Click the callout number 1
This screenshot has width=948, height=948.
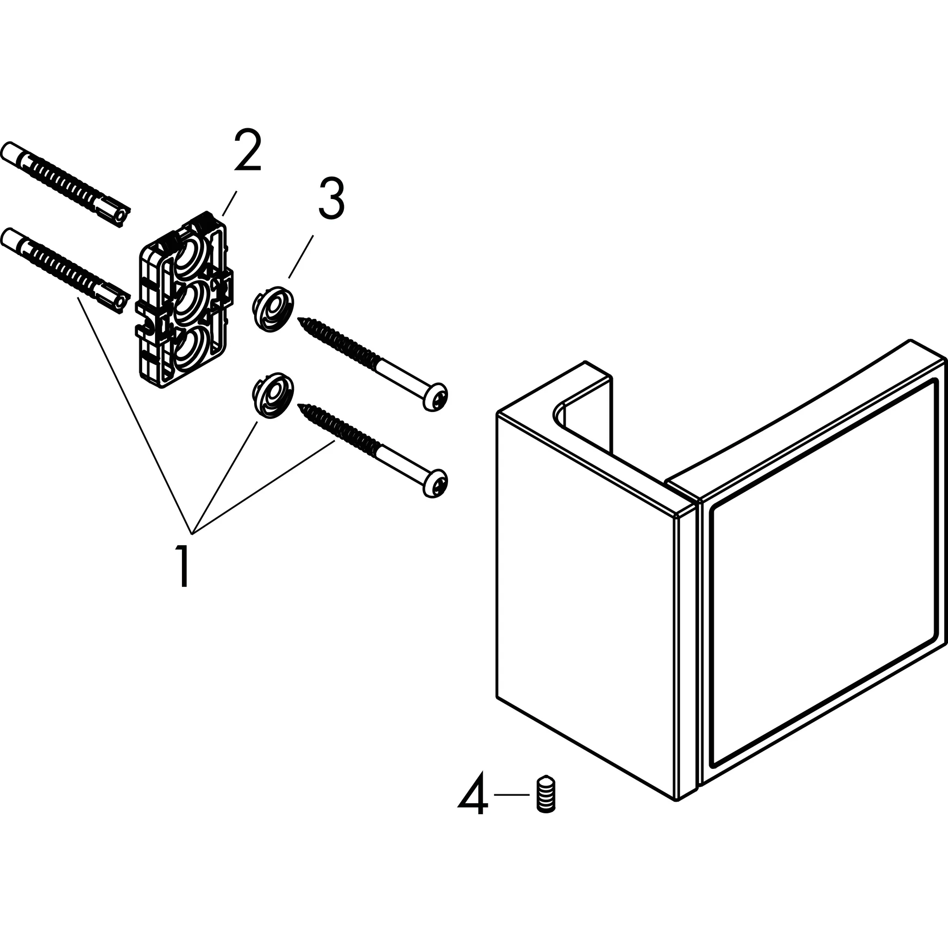pyautogui.click(x=184, y=567)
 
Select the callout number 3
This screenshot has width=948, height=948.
pyautogui.click(x=331, y=198)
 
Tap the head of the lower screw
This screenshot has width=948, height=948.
pyautogui.click(x=435, y=483)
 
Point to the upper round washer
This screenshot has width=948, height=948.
pyautogui.click(x=273, y=310)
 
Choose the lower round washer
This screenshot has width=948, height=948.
pyautogui.click(x=273, y=395)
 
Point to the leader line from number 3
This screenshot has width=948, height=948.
pyautogui.click(x=301, y=256)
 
